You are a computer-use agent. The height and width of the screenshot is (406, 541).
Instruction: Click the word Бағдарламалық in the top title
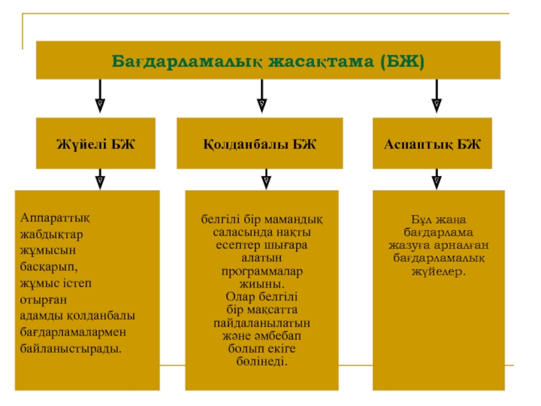click(x=187, y=62)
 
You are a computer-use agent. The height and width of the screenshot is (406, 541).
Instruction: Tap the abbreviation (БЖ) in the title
click(x=402, y=62)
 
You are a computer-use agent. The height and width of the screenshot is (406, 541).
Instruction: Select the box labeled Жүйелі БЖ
click(x=95, y=143)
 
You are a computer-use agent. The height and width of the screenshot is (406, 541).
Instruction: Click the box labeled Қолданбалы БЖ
click(x=260, y=143)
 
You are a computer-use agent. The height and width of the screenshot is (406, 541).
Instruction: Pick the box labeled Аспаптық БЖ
click(x=432, y=143)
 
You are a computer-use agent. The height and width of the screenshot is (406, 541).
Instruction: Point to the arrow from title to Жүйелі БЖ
click(x=100, y=96)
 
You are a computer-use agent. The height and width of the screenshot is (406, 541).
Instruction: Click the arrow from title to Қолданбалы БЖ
click(x=262, y=96)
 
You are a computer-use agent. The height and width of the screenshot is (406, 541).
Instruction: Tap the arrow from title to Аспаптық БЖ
click(x=436, y=96)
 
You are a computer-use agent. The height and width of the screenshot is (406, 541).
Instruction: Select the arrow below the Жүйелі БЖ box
click(x=100, y=179)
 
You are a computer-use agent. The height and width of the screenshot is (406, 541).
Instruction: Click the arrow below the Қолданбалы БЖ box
click(x=266, y=179)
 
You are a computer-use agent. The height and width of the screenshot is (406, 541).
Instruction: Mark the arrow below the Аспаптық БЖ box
click(x=436, y=179)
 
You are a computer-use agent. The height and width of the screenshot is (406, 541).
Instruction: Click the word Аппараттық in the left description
click(x=55, y=219)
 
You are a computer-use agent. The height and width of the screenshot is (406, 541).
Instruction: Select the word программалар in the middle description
click(x=262, y=272)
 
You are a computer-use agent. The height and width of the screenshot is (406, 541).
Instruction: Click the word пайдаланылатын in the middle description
click(x=262, y=323)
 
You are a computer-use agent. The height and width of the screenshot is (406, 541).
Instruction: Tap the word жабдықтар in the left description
click(x=51, y=235)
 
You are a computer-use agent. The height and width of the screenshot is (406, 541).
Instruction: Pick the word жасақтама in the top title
click(x=322, y=62)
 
